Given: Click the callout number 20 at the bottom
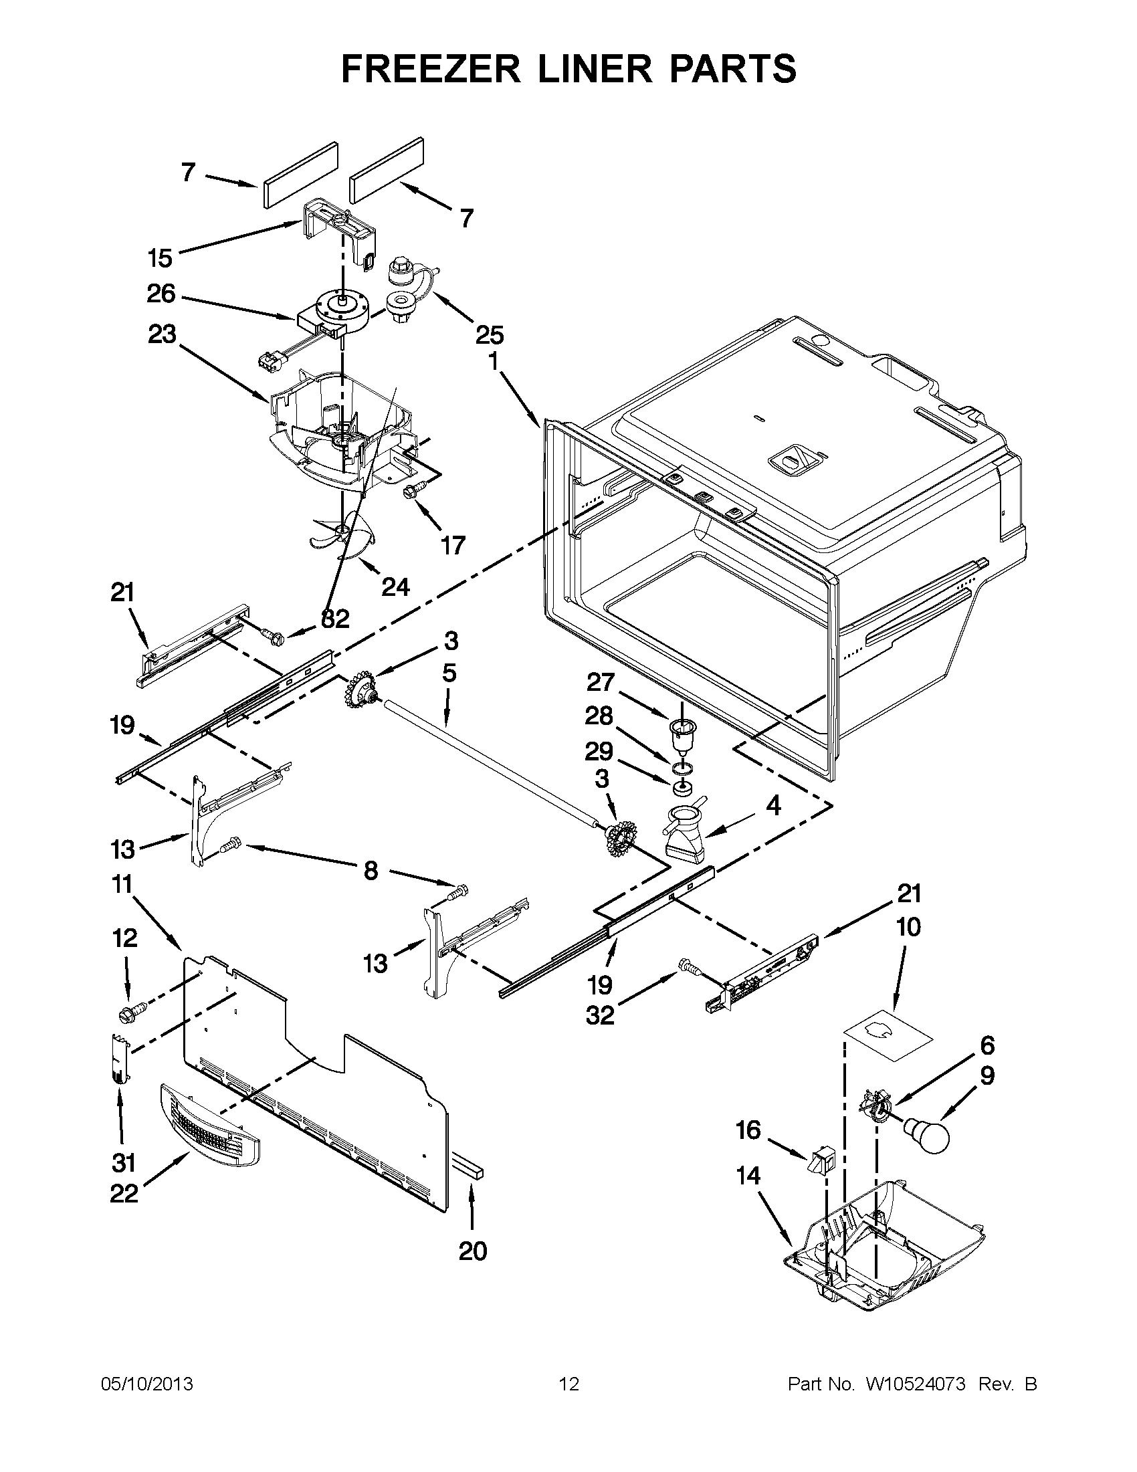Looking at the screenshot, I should [472, 1251].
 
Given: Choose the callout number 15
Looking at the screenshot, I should [160, 257].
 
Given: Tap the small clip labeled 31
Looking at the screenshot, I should [119, 1059].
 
